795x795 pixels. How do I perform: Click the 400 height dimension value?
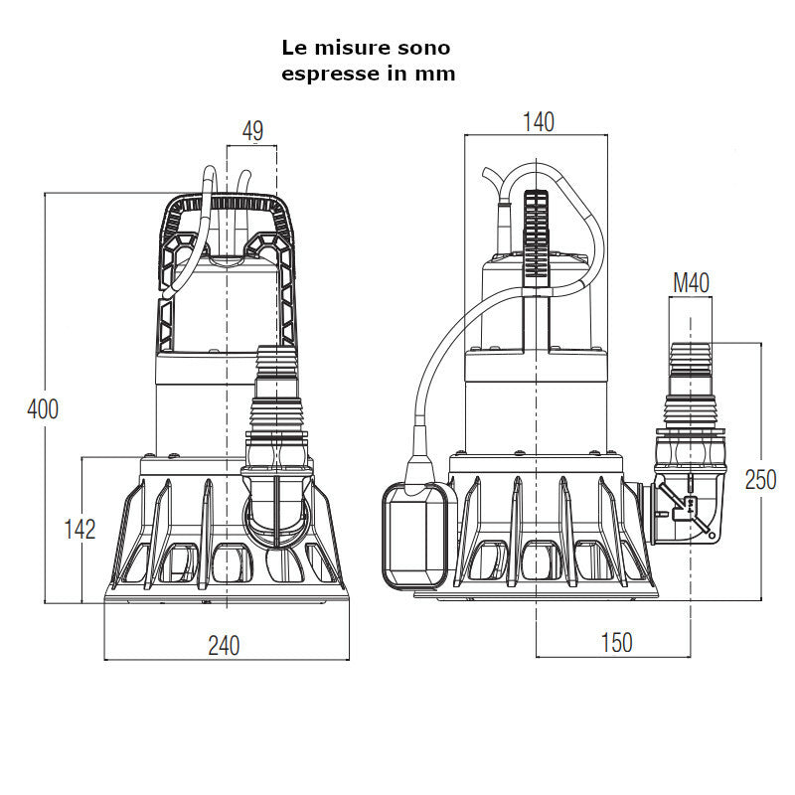43,408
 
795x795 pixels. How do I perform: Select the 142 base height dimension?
79,529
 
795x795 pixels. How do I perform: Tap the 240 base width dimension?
224,646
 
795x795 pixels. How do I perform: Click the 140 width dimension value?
538,122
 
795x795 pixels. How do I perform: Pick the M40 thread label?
691,282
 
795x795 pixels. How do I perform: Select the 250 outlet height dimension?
760,479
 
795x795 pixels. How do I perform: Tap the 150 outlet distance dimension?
616,643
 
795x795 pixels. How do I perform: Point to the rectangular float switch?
413,537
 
